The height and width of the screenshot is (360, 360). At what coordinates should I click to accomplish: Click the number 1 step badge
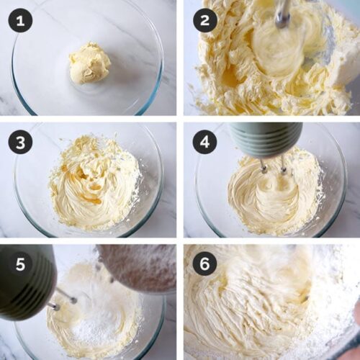[x=21, y=21]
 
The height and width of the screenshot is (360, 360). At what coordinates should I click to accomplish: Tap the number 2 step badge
[x=204, y=21]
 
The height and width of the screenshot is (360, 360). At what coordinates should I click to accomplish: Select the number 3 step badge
[x=21, y=142]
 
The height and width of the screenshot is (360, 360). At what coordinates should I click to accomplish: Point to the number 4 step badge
[x=204, y=142]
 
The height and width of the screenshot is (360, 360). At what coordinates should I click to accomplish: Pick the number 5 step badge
[x=21, y=264]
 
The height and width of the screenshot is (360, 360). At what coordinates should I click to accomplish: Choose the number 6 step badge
[x=204, y=264]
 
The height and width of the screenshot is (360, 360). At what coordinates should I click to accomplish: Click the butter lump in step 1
[x=89, y=63]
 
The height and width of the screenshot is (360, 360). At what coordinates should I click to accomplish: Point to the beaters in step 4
[x=274, y=166]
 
